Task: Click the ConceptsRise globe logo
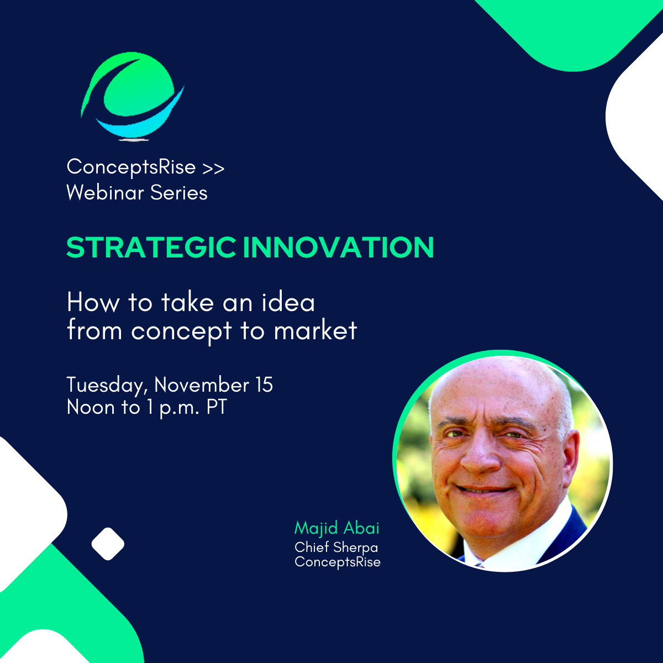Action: tap(133, 97)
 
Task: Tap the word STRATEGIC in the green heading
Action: tap(151, 247)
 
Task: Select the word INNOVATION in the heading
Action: tap(339, 247)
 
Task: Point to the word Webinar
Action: tap(106, 192)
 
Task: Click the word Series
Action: tap(179, 192)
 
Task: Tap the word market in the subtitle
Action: tap(315, 330)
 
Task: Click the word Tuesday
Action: tap(107, 385)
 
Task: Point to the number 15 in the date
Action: tap(264, 385)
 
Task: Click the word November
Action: tap(201, 385)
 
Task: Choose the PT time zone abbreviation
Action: tap(217, 407)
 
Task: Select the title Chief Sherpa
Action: tap(336, 547)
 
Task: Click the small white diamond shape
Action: tap(108, 544)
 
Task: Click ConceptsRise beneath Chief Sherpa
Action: tap(338, 562)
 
